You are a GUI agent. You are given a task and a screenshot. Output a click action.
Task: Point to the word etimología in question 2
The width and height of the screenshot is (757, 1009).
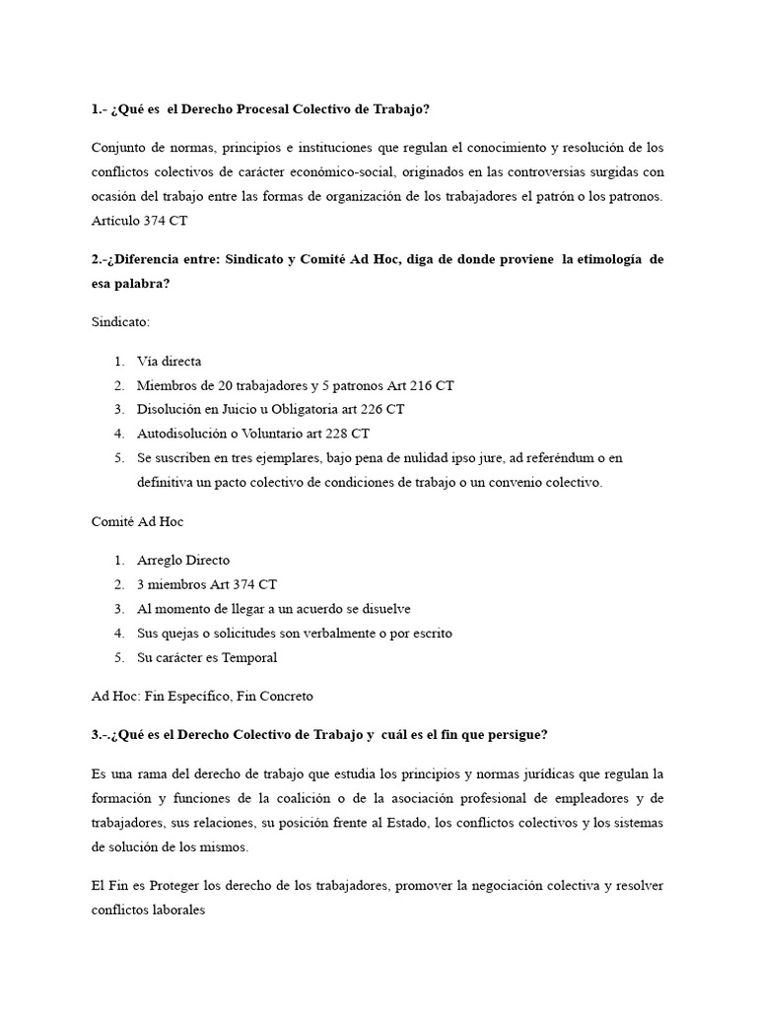603,259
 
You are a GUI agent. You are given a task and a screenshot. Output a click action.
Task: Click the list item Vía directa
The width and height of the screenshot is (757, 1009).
170,362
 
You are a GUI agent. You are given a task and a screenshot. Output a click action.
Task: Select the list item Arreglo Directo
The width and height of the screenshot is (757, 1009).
183,561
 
